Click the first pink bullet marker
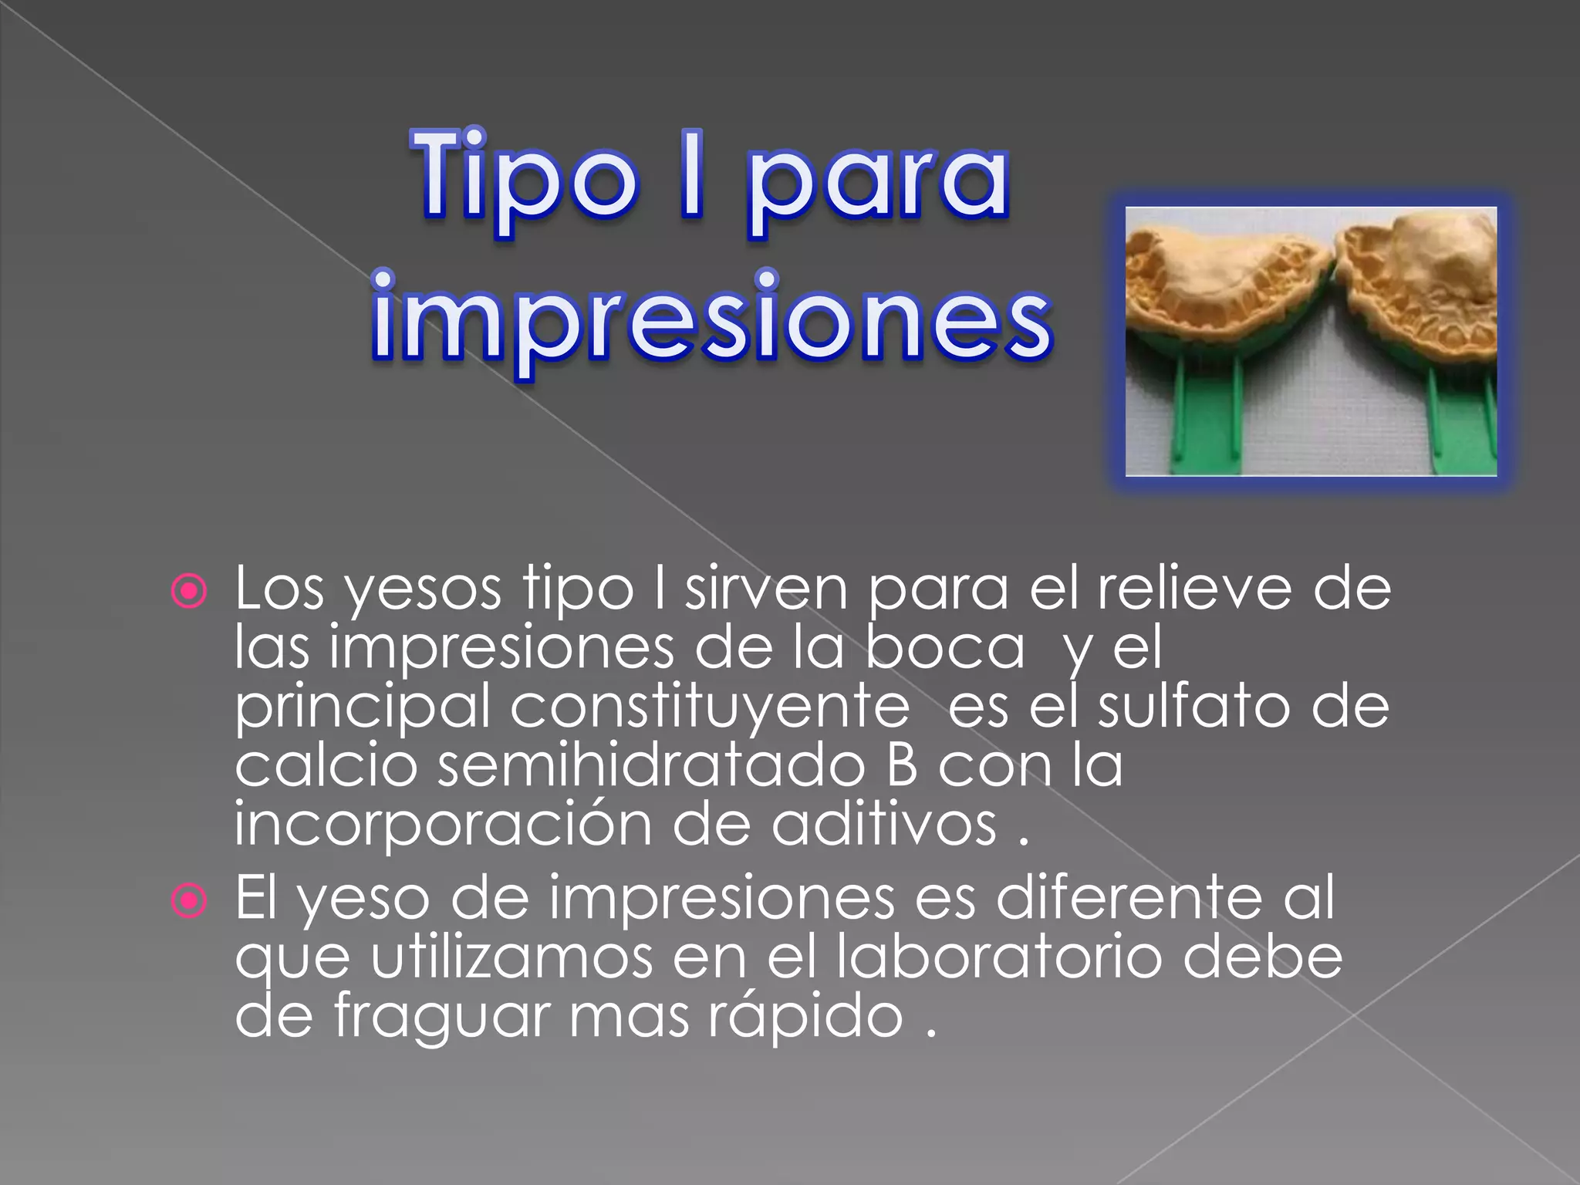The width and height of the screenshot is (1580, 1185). tap(189, 592)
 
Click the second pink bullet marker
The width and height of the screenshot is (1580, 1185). tap(189, 900)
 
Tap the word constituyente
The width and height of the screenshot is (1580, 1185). tap(710, 707)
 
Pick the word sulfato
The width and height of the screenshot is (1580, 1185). tap(1193, 707)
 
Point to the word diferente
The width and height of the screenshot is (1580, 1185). tap(1129, 898)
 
